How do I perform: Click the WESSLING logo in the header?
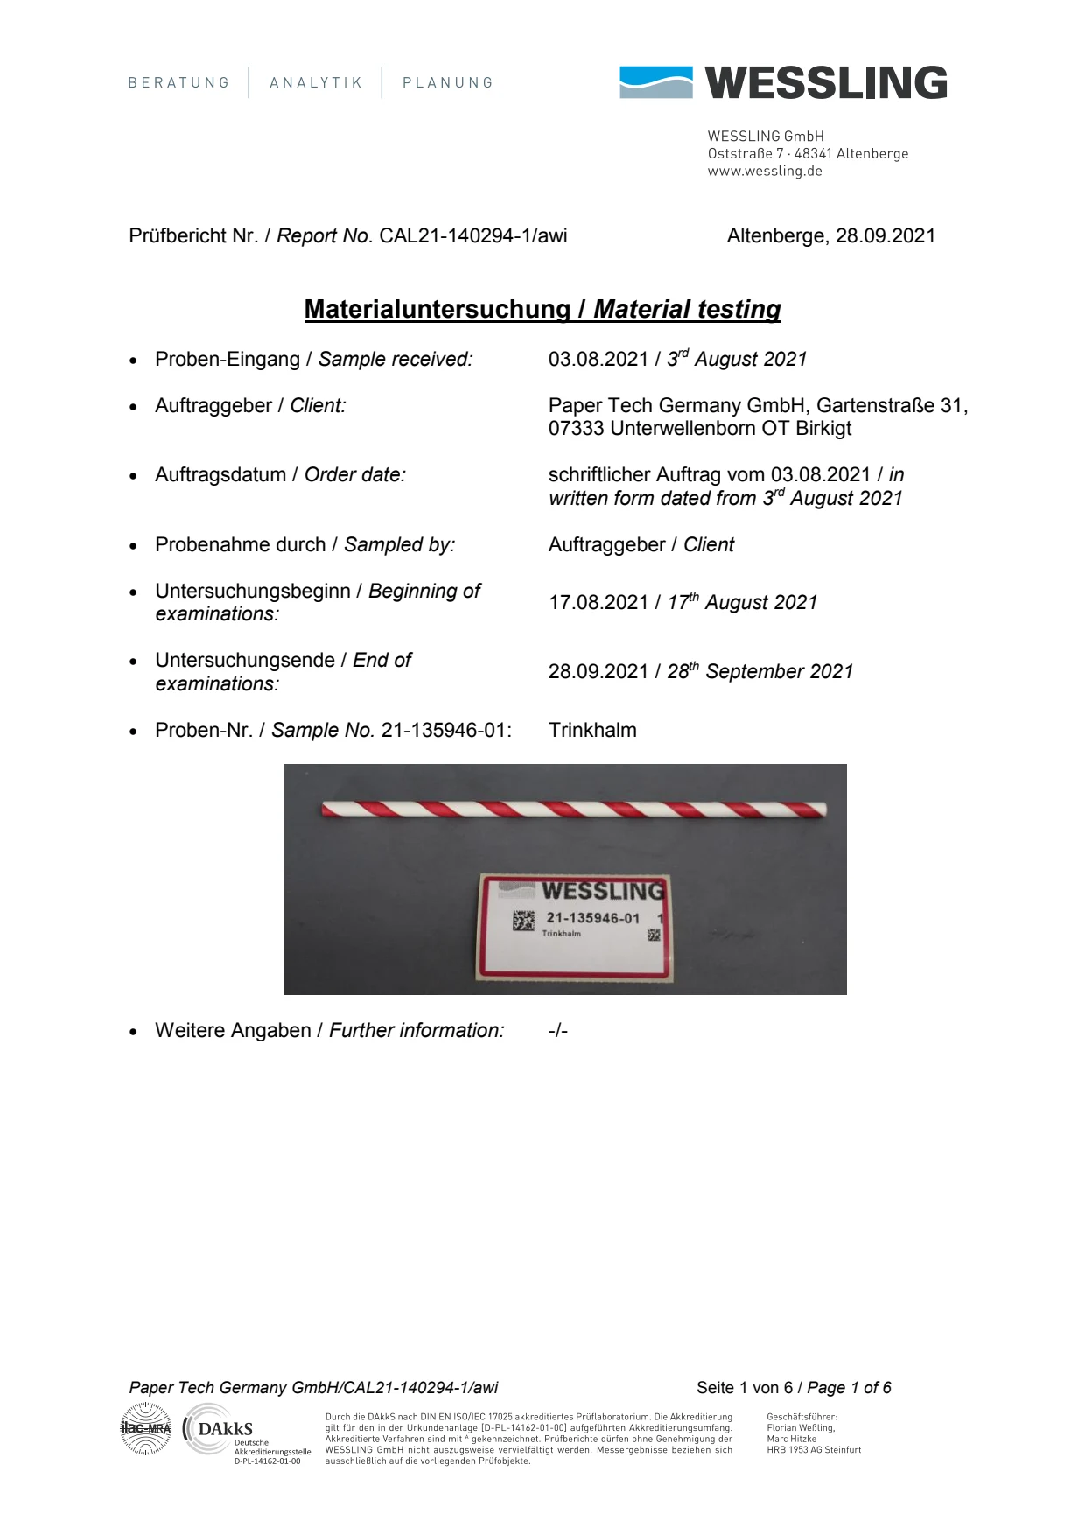[783, 82]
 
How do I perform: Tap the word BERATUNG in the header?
[178, 83]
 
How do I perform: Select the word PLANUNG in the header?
[448, 83]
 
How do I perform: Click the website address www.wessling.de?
[765, 172]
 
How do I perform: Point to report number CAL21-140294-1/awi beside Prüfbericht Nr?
[472, 236]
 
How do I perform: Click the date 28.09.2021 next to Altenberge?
[885, 236]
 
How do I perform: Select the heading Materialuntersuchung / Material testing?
[542, 310]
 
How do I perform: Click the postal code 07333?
[577, 429]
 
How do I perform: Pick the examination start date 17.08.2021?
[598, 603]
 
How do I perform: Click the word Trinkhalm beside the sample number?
[592, 731]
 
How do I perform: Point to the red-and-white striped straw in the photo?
[573, 810]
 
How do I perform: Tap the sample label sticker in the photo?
[574, 926]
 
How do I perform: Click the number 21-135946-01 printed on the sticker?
[593, 918]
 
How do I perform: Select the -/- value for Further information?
[558, 1031]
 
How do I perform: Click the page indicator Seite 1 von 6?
[745, 1388]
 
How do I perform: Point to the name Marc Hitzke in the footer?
[791, 1439]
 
